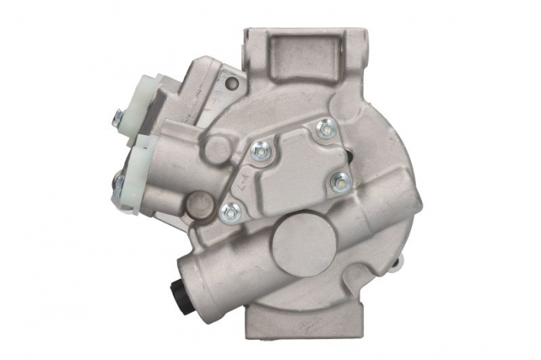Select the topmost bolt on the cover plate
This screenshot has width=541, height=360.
tap(325, 127)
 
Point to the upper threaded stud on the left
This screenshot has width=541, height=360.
tap(118, 117)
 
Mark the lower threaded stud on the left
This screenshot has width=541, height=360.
tap(117, 184)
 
